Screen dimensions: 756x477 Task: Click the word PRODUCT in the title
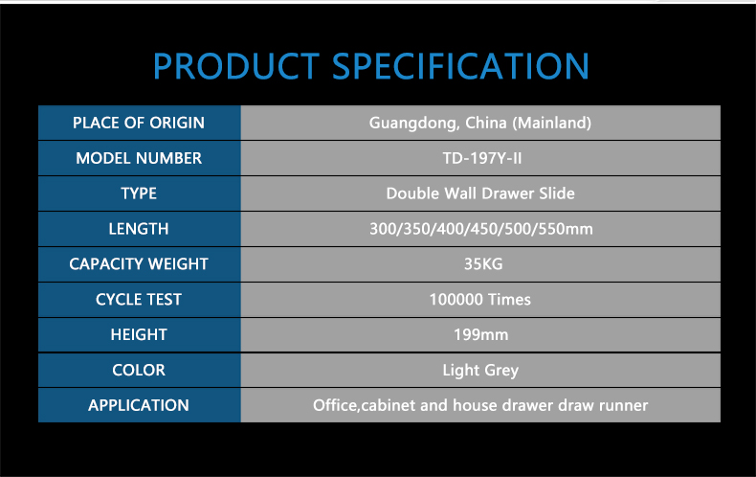point(236,66)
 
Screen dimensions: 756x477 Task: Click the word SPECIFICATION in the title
point(460,66)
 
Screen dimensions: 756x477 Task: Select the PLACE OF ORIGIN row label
point(139,123)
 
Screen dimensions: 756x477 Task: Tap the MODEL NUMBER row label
point(139,158)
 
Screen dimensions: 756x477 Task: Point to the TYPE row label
point(139,193)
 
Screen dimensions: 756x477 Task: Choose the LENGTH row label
point(139,228)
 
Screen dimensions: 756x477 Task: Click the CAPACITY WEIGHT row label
point(139,263)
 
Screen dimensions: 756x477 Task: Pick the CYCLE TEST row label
point(139,300)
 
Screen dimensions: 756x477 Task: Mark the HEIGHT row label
point(139,334)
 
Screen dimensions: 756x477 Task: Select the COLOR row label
point(139,370)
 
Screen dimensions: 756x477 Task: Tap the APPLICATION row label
point(139,405)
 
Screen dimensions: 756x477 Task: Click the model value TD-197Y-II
point(482,158)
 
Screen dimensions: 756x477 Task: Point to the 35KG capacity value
point(483,263)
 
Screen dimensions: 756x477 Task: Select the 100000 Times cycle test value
point(480,300)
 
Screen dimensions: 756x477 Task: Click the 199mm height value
point(480,334)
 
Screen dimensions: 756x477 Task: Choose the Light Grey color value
point(480,371)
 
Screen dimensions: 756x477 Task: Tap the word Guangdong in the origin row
point(414,124)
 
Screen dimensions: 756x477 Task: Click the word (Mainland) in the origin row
point(551,124)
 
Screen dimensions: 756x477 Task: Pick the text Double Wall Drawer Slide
point(480,193)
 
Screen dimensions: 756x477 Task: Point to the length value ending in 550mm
point(481,228)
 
